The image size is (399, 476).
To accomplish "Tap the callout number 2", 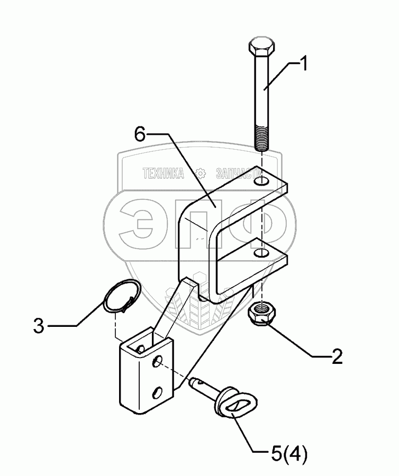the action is [337, 358].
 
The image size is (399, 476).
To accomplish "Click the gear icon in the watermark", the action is [200, 173].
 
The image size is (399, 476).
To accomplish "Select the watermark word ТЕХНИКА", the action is [163, 173].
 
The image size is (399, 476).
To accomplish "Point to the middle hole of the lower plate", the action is [158, 363].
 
